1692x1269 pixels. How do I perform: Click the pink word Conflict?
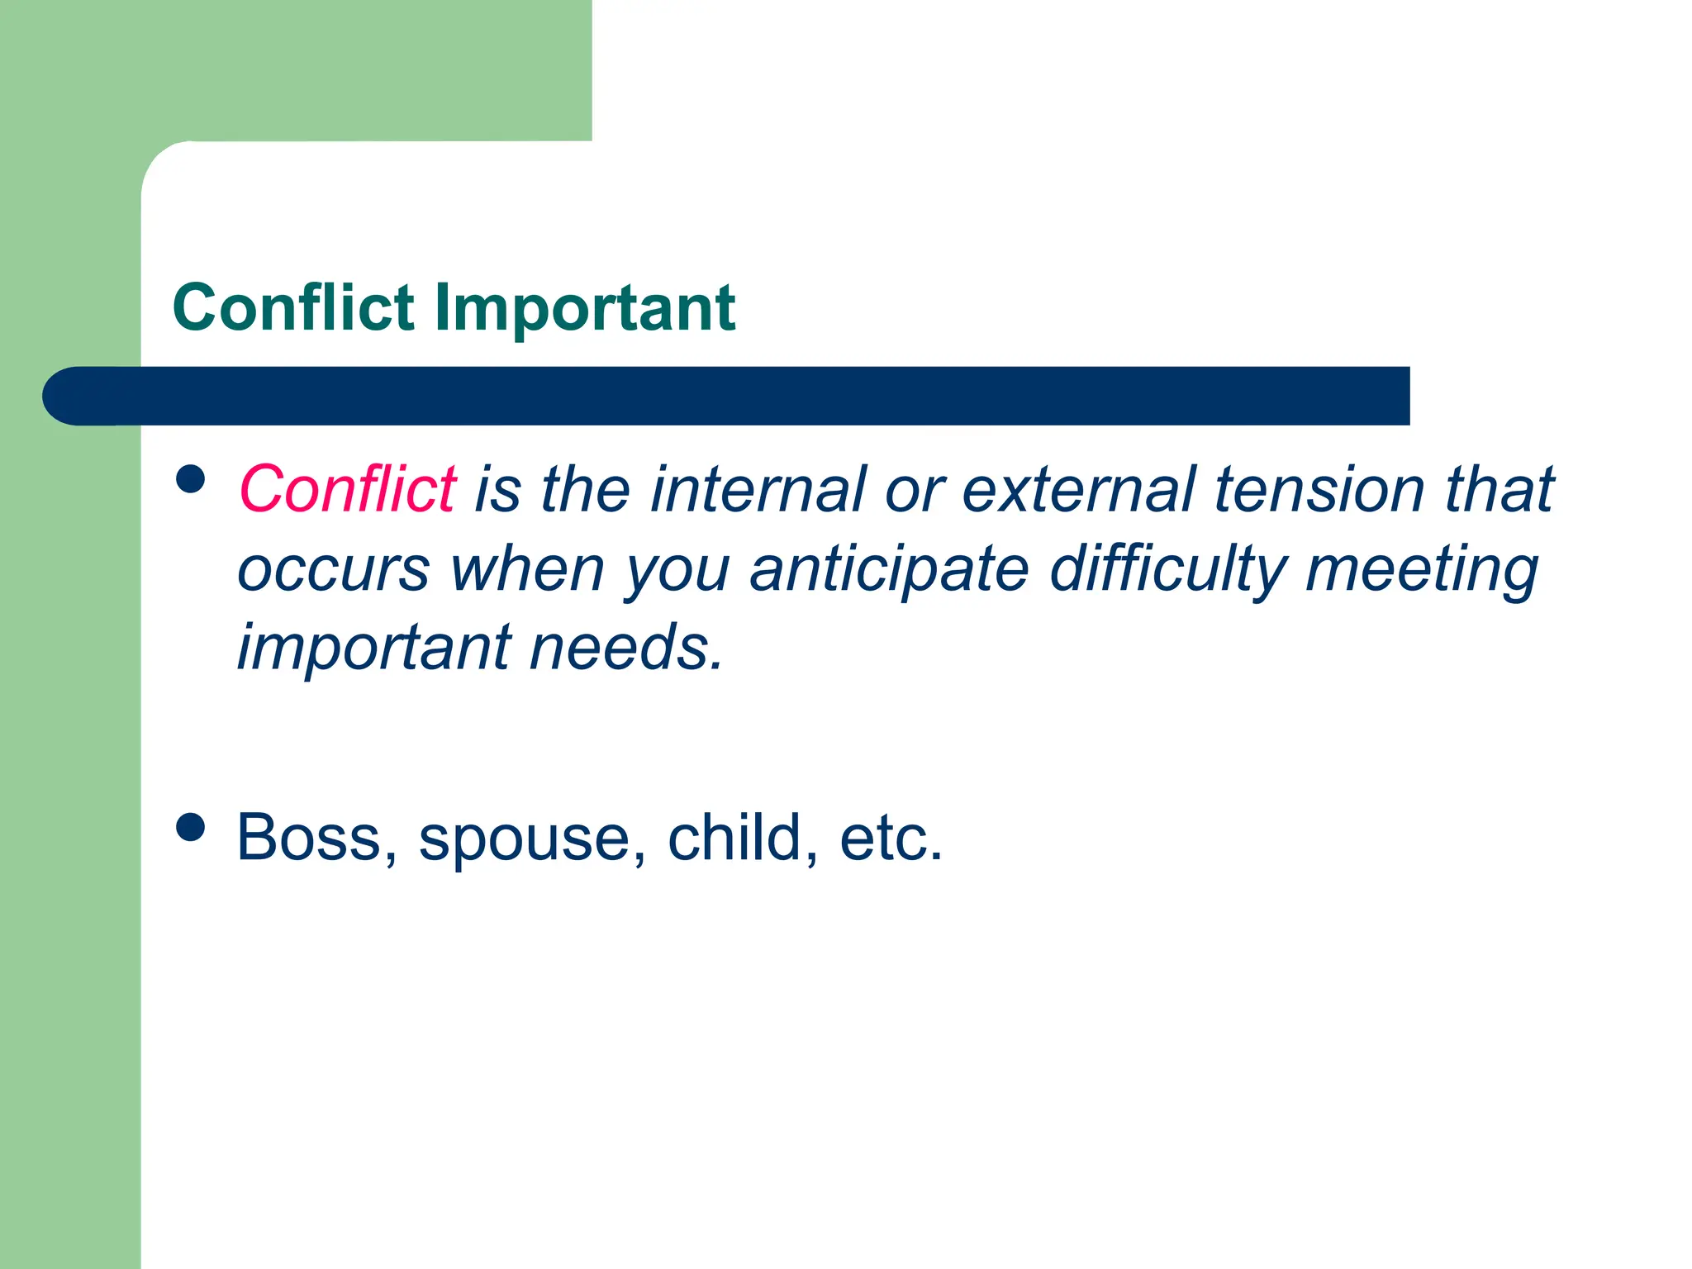pos(347,489)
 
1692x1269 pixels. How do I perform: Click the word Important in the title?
pos(584,308)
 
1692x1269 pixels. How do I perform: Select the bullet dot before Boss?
pos(191,827)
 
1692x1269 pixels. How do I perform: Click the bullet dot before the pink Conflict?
pos(191,478)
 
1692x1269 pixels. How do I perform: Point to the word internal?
pos(758,489)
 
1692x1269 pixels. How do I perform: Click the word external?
pos(1078,489)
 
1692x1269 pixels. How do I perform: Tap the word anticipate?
pos(889,570)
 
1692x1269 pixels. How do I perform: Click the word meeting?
pos(1422,570)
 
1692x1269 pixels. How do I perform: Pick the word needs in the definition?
pos(625,648)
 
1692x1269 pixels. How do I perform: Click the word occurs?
pos(333,570)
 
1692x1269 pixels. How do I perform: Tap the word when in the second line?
pos(527,570)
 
